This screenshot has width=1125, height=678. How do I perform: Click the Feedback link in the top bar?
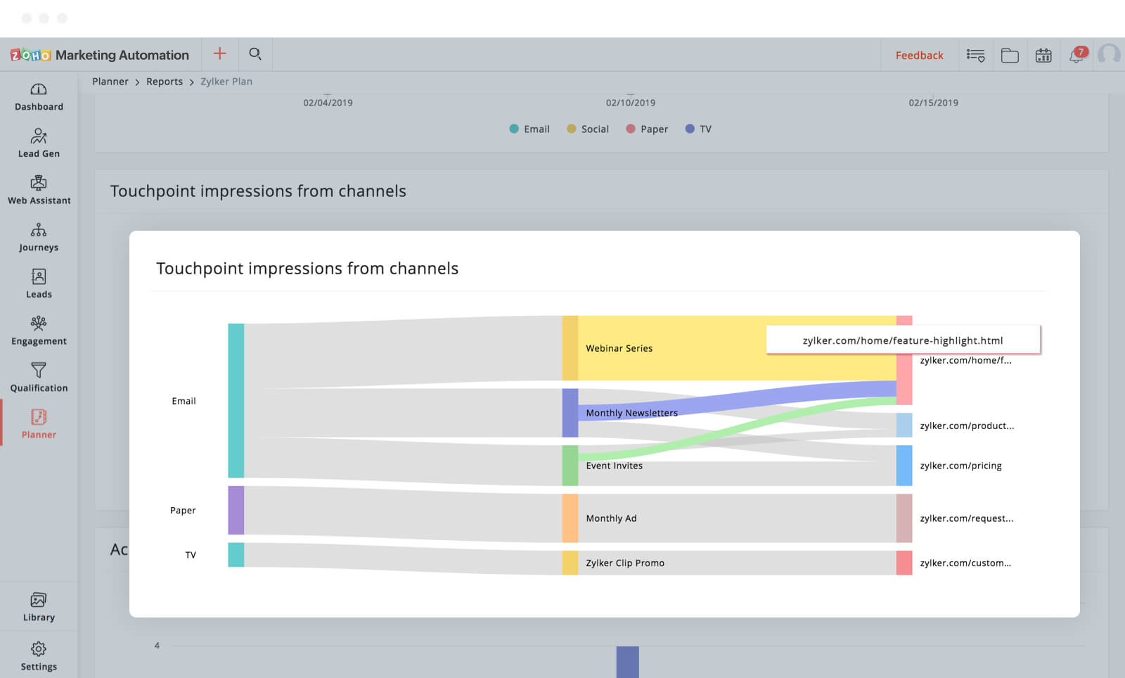(x=919, y=56)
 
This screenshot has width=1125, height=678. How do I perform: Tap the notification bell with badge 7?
(x=1076, y=55)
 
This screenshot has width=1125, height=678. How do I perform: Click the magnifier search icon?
(x=255, y=54)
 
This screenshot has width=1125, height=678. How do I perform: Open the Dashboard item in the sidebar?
(x=39, y=97)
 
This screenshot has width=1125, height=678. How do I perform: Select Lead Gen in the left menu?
(x=39, y=143)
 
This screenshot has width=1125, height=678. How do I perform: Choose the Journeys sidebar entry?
(x=39, y=238)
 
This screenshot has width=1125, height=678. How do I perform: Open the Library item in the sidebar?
(x=39, y=607)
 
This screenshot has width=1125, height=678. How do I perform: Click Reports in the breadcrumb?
(x=165, y=82)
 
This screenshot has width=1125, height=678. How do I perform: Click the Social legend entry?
(x=588, y=129)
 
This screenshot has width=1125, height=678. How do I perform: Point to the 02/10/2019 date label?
(x=631, y=103)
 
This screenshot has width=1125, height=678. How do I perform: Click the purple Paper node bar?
(x=236, y=510)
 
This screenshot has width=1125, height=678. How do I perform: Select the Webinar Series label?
(x=619, y=348)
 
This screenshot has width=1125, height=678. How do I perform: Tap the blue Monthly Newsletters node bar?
(x=570, y=413)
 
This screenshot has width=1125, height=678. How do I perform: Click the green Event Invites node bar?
(x=570, y=465)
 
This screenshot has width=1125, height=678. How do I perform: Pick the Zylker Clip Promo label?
(x=625, y=563)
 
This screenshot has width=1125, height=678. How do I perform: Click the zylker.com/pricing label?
(x=960, y=466)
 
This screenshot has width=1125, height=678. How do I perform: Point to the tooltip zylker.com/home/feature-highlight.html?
(x=903, y=340)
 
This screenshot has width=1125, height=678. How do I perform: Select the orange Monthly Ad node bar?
(x=570, y=518)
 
